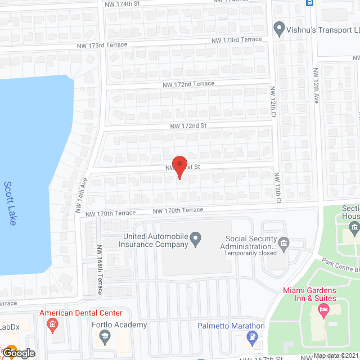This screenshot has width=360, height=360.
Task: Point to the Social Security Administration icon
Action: [x=283, y=242]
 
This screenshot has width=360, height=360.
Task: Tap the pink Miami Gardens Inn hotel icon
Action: [x=323, y=309]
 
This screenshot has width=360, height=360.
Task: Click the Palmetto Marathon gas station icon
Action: [x=253, y=337]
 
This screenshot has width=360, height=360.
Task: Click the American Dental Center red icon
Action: [x=52, y=325]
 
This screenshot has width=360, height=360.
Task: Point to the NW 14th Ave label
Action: [x=81, y=195]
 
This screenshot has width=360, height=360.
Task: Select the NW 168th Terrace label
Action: [x=100, y=269]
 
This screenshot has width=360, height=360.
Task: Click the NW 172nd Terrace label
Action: [x=187, y=84]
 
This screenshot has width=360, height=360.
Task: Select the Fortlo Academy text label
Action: [x=119, y=325]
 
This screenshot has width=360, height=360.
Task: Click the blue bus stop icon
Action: [x=310, y=3]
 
